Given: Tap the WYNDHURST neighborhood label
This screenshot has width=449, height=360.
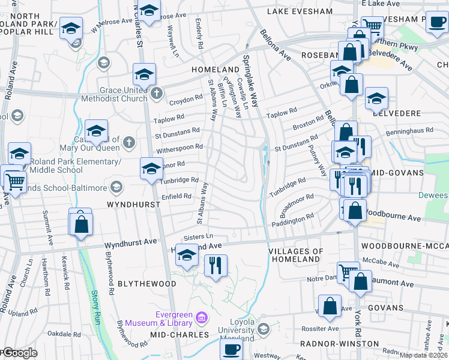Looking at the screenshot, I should (134, 205).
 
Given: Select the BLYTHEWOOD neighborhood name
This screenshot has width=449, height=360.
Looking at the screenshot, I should (146, 284).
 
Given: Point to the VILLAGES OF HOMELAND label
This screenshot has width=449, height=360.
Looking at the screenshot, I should (295, 255).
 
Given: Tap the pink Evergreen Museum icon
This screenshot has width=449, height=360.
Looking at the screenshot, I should (201, 316).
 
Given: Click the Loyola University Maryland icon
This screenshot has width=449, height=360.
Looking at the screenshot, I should (263, 329).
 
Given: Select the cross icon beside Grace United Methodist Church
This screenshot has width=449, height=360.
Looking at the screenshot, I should (156, 93).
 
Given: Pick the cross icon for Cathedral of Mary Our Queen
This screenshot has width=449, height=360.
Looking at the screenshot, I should (128, 142).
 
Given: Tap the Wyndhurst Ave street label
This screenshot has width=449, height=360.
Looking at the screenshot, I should (130, 243).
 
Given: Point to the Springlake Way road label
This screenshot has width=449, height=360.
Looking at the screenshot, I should (251, 80).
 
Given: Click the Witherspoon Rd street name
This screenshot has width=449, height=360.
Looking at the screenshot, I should (179, 146).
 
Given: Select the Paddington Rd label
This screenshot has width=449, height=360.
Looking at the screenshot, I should (292, 220).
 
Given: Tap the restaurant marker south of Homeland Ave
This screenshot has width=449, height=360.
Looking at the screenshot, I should (215, 265).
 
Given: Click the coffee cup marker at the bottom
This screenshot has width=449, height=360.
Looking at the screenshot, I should (232, 349).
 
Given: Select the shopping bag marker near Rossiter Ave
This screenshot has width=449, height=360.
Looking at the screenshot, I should (330, 306).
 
